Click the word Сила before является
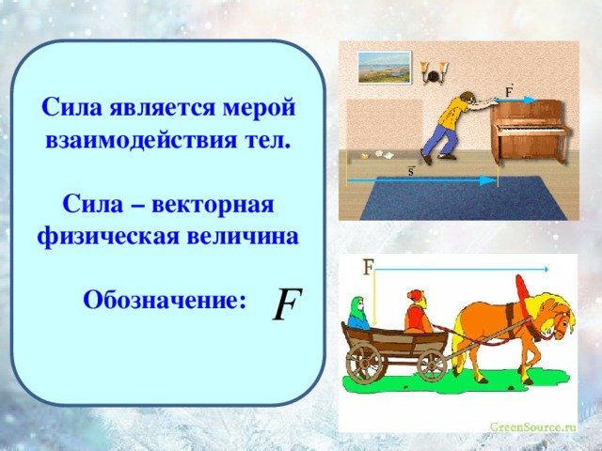pyautogui.click(x=72, y=106)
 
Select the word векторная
pyautogui.click(x=213, y=204)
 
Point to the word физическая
pyautogui.click(x=108, y=237)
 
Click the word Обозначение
pyautogui.click(x=165, y=300)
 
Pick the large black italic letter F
pyautogui.click(x=287, y=303)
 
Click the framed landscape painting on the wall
pyautogui.click(x=385, y=68)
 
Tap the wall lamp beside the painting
pyautogui.click(x=434, y=72)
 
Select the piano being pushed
pyautogui.click(x=530, y=132)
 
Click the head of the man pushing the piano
pyautogui.click(x=467, y=98)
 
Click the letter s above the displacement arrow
pyautogui.click(x=411, y=171)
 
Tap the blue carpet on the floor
pyautogui.click(x=464, y=198)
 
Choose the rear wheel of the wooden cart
pyautogui.click(x=364, y=363)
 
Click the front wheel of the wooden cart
pyautogui.click(x=432, y=365)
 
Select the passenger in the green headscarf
pyautogui.click(x=358, y=313)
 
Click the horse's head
pyautogui.click(x=556, y=318)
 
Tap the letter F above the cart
pyautogui.click(x=369, y=267)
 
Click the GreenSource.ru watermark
pyautogui.click(x=533, y=427)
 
